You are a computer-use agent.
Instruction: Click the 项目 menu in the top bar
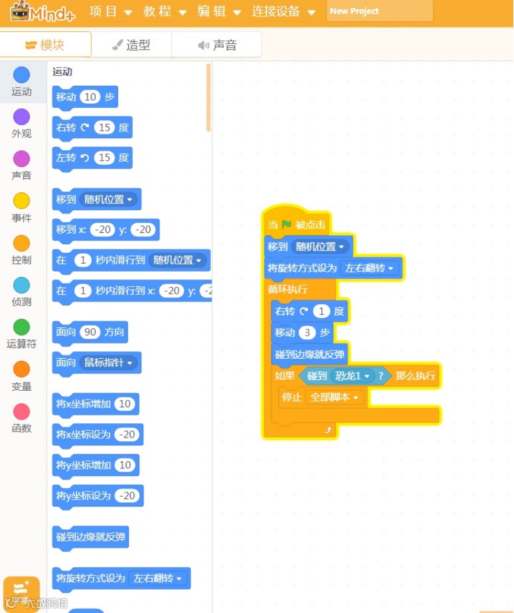pyautogui.click(x=110, y=11)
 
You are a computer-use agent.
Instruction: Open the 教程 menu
pyautogui.click(x=164, y=11)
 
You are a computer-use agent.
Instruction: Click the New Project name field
pyautogui.click(x=380, y=11)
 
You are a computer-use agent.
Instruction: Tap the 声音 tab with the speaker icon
pyautogui.click(x=216, y=45)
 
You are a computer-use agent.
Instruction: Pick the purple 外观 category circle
pyautogui.click(x=21, y=117)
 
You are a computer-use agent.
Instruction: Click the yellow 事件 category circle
pyautogui.click(x=21, y=201)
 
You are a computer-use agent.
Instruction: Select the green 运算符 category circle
pyautogui.click(x=21, y=327)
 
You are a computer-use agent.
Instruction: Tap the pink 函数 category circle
pyautogui.click(x=21, y=411)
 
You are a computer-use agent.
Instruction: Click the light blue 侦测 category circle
pyautogui.click(x=21, y=285)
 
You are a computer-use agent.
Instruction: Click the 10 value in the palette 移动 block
pyautogui.click(x=91, y=97)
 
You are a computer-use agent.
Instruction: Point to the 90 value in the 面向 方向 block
pyautogui.click(x=91, y=332)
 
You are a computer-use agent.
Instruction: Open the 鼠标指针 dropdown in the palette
pyautogui.click(x=109, y=363)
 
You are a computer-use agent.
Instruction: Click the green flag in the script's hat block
pyautogui.click(x=286, y=225)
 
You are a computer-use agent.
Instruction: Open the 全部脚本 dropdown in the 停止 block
pyautogui.click(x=334, y=398)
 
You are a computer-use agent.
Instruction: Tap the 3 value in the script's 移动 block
pyautogui.click(x=307, y=332)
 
